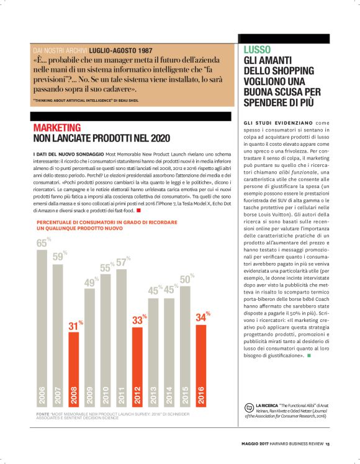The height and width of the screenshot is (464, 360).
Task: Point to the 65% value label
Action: pos(42,243)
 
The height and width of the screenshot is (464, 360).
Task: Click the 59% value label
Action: pos(58,256)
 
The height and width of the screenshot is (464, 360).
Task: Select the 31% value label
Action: pos(74,325)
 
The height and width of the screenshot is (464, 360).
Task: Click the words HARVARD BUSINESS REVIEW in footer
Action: pos(295,442)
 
